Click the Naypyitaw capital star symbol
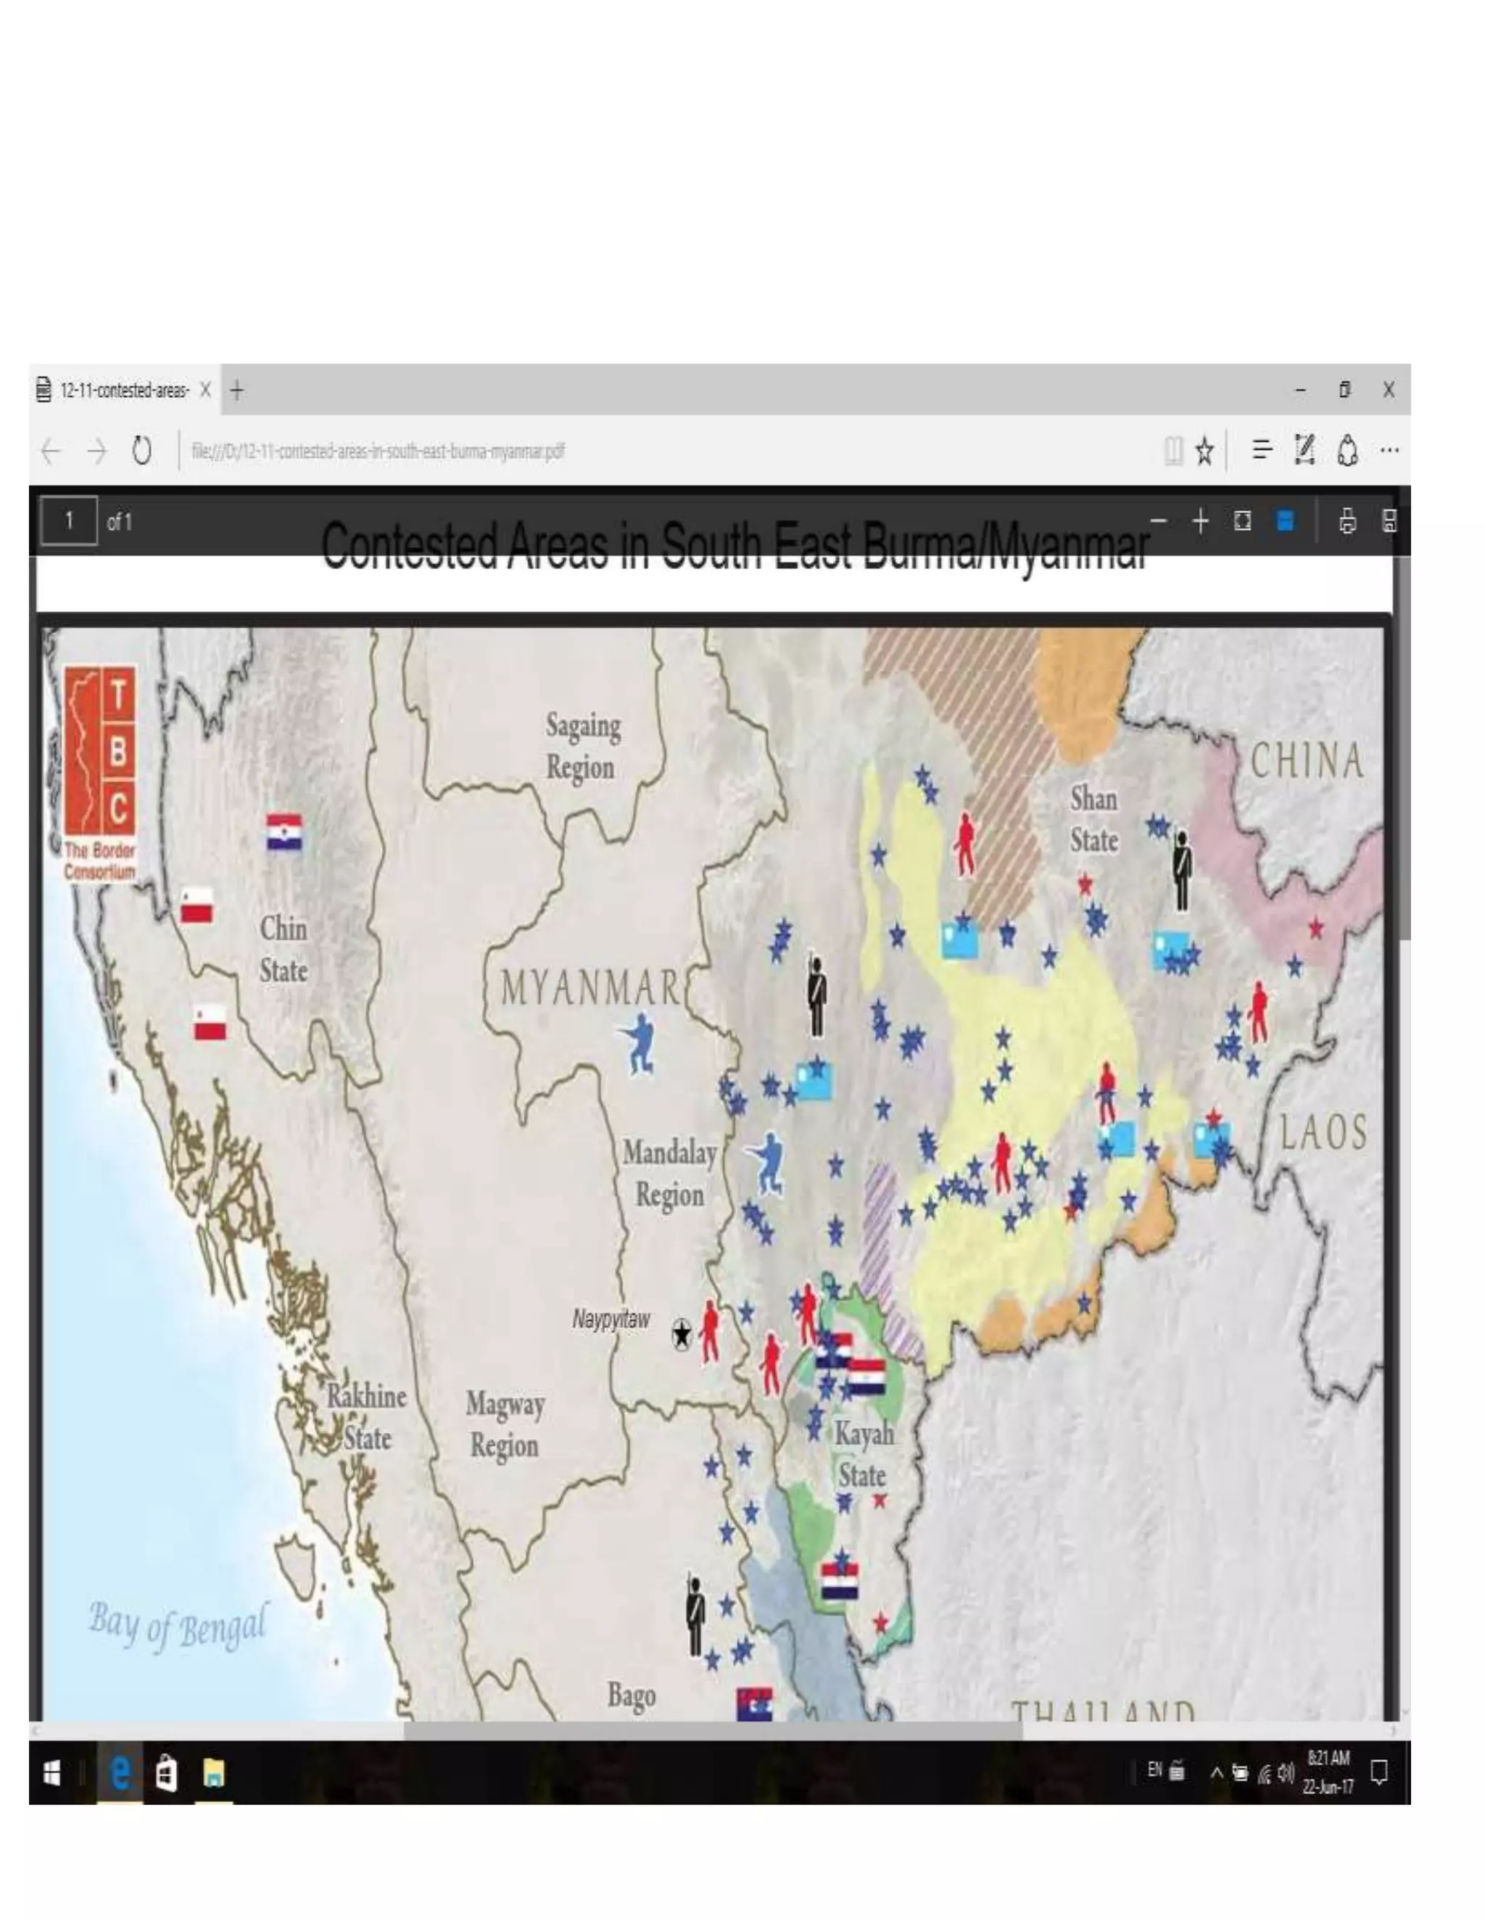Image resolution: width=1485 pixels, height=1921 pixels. tap(682, 1333)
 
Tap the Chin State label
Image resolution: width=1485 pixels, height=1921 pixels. tap(284, 950)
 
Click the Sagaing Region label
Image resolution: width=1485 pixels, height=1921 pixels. tap(582, 746)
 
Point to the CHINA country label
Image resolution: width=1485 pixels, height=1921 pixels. tap(1307, 761)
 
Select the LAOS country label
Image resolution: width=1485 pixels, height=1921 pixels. tap(1323, 1132)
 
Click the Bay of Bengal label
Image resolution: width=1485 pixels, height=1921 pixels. tap(177, 1625)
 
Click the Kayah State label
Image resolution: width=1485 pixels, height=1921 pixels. tap(863, 1454)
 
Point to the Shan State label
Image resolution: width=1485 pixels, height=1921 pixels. tap(1093, 820)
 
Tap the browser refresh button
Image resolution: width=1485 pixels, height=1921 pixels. tap(141, 451)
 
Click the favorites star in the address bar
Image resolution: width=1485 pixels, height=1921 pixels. tap(1204, 451)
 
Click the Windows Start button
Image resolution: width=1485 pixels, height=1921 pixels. tap(52, 1773)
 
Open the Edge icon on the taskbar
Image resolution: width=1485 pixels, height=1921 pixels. tap(120, 1773)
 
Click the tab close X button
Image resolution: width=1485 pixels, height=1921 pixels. tap(205, 390)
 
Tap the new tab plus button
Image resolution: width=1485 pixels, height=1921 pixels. tap(236, 390)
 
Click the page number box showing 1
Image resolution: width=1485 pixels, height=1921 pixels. tap(69, 522)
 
